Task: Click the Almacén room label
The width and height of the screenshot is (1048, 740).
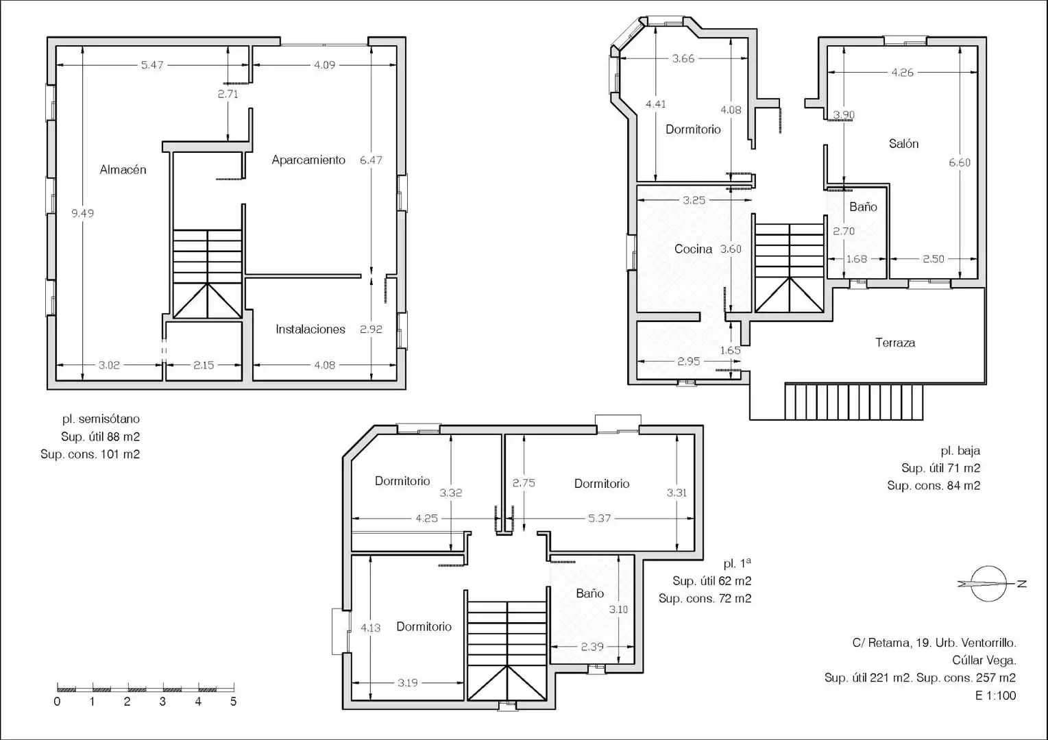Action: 123,169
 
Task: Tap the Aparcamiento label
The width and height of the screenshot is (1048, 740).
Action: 308,160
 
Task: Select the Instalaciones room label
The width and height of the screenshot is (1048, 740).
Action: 310,330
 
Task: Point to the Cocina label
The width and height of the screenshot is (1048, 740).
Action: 693,249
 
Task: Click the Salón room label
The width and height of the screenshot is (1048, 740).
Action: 903,144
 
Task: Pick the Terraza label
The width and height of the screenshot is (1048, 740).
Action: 895,343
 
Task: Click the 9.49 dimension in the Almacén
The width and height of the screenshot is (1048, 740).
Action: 82,213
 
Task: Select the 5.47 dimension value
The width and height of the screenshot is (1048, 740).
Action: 152,65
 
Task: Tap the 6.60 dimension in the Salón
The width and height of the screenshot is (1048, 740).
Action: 960,162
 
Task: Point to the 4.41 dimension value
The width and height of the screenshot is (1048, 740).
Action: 655,104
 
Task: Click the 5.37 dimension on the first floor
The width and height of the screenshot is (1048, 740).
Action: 599,518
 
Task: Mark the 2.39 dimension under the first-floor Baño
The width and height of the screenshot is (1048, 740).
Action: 592,647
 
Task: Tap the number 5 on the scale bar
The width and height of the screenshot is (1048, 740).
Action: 234,702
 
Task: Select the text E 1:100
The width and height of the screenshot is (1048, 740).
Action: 996,695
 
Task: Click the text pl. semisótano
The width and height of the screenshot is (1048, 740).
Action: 101,419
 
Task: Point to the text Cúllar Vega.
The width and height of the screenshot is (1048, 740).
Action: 984,661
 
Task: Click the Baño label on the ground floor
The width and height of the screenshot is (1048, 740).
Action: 863,207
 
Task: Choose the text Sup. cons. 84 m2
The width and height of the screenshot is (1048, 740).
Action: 934,486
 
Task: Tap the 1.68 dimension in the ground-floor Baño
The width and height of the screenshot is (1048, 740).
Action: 857,259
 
